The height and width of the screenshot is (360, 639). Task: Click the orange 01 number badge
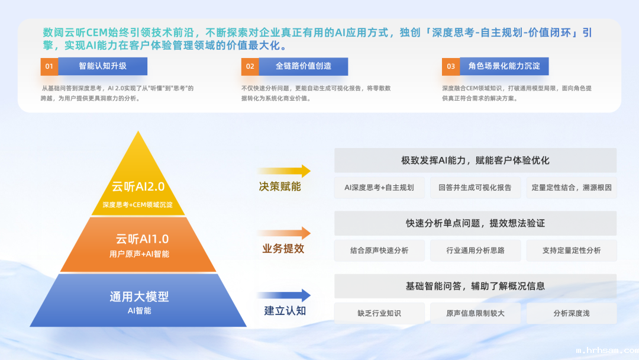pos(49,66)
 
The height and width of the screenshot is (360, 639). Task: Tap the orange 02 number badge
pos(250,66)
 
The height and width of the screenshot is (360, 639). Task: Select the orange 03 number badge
pos(451,66)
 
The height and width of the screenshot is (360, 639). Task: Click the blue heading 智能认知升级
pos(103,66)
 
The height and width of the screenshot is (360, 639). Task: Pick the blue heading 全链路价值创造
pos(304,66)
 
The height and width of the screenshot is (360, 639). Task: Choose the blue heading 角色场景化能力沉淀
pos(504,66)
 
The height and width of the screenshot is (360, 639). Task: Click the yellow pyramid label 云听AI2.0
pos(138,187)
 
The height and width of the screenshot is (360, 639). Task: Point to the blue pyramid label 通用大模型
pos(139,297)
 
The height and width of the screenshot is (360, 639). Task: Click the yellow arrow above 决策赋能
pos(283,171)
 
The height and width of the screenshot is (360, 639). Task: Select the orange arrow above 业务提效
pos(283,233)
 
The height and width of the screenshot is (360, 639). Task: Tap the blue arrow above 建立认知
pos(283,295)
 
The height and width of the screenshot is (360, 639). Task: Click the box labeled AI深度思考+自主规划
pos(379,188)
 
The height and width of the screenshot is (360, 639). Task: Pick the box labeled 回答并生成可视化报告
pos(475,188)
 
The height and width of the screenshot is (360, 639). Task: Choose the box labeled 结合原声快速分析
pos(379,250)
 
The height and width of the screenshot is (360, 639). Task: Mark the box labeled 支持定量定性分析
pos(572,250)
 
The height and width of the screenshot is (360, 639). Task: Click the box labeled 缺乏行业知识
pos(379,313)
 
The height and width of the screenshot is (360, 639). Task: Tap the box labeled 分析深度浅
pos(572,313)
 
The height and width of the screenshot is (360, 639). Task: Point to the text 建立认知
pos(285,311)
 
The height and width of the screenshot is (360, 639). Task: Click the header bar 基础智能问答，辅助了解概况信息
pos(475,286)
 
